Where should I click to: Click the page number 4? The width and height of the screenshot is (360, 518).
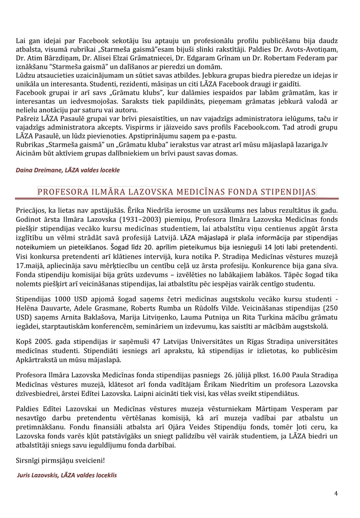click(336, 493)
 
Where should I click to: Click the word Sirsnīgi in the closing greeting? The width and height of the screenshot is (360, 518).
click(29, 461)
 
